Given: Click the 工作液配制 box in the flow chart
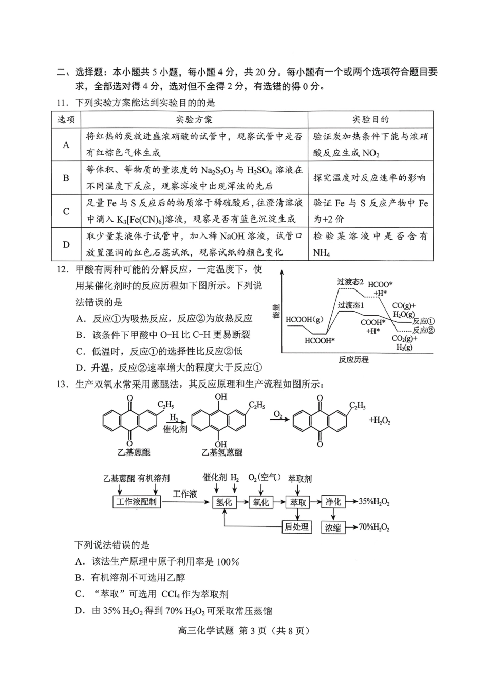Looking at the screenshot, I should click(x=136, y=502).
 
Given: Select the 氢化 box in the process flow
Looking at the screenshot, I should click(x=224, y=502).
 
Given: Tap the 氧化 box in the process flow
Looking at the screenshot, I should click(x=261, y=502).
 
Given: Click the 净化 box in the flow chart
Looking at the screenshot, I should click(x=333, y=502).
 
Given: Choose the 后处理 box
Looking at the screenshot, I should click(x=297, y=526).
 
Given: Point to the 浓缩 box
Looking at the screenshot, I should click(x=333, y=527).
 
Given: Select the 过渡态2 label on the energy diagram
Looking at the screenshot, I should click(x=350, y=282).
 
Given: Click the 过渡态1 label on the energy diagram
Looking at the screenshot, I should click(x=351, y=305).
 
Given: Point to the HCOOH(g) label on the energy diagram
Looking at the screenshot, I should click(x=305, y=319).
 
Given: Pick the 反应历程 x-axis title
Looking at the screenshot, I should click(x=353, y=359).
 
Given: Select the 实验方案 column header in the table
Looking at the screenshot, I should click(x=194, y=119).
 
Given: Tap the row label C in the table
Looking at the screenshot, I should click(x=66, y=211).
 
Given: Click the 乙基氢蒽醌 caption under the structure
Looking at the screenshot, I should click(x=222, y=452).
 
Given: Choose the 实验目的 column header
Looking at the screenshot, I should click(x=370, y=119).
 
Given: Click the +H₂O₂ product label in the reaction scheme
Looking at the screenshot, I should click(x=380, y=421).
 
